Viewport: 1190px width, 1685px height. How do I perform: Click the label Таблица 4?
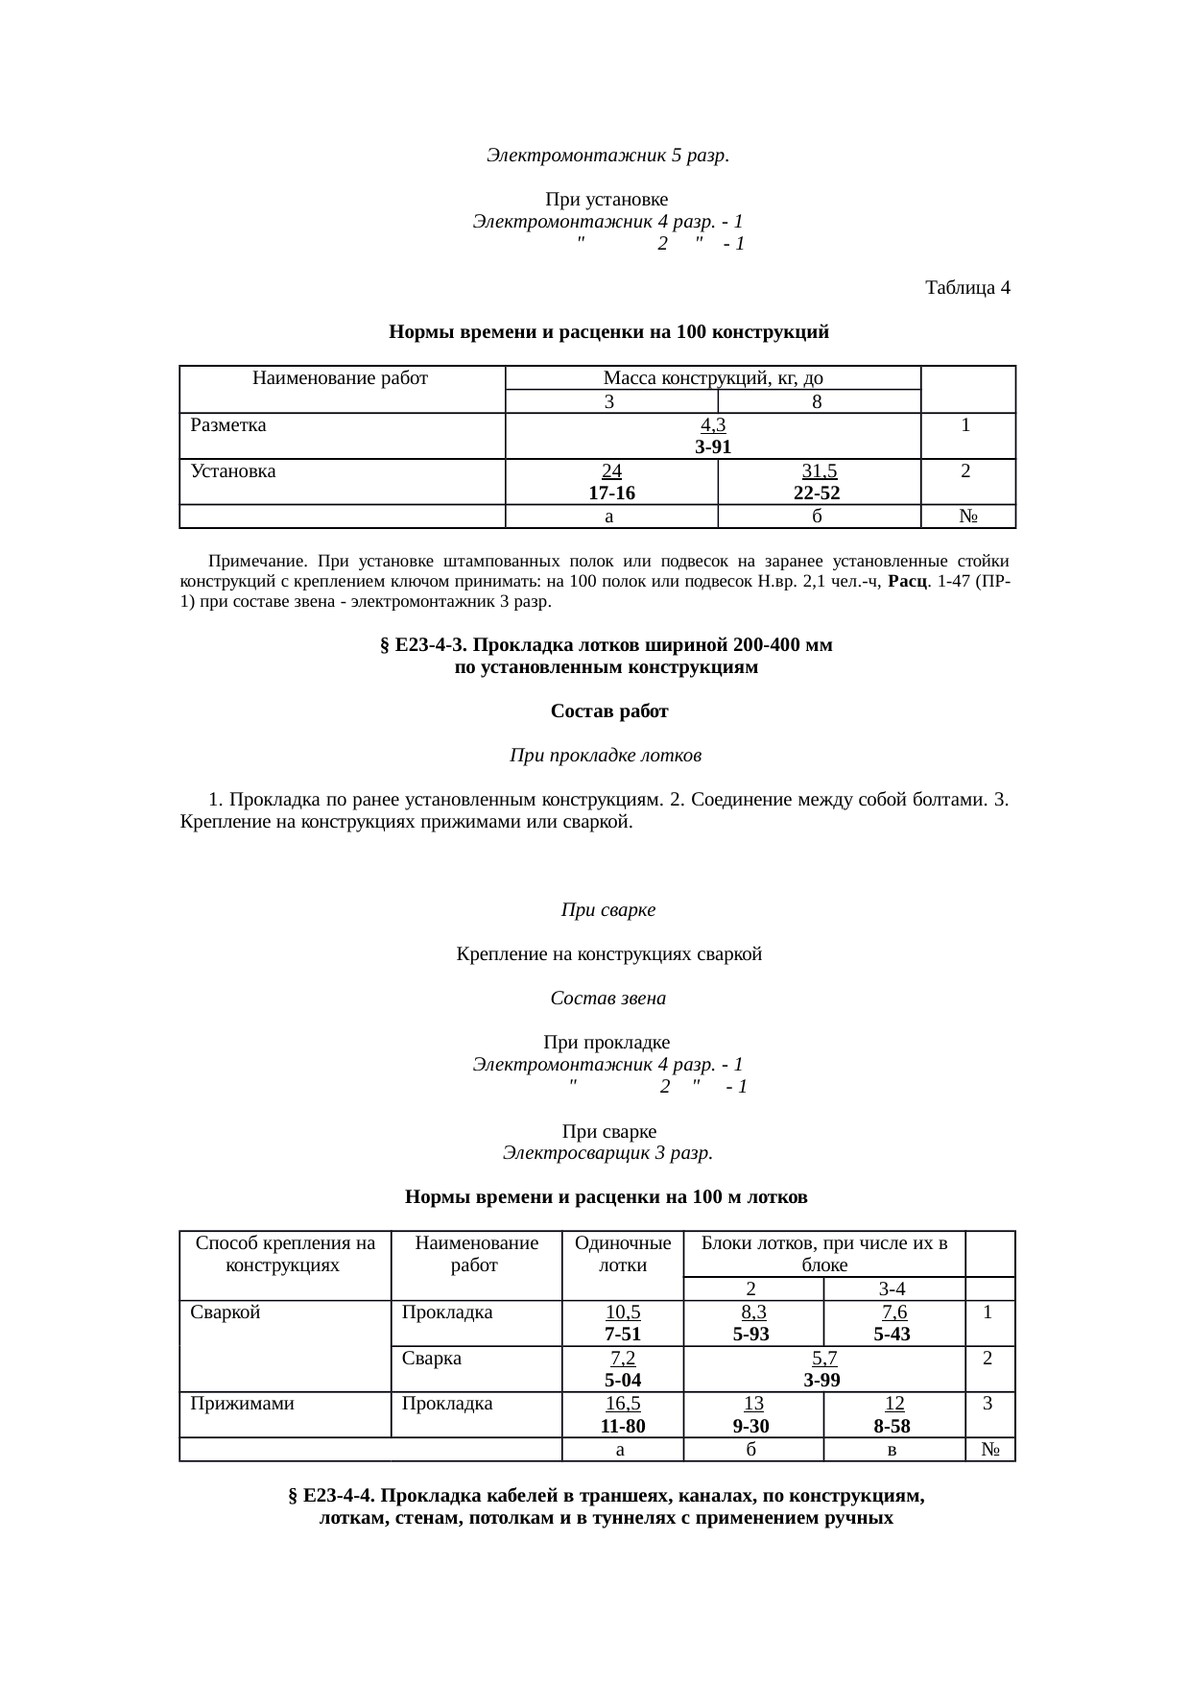(x=966, y=288)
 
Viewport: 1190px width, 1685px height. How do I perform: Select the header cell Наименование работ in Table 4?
(x=340, y=378)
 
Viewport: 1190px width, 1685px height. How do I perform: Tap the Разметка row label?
(x=228, y=424)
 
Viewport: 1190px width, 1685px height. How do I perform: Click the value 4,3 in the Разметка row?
(x=713, y=424)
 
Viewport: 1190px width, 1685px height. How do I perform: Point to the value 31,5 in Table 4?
(x=819, y=470)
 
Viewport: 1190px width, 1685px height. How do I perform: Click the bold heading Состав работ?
(x=608, y=711)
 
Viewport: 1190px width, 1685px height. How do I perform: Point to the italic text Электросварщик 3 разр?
(x=607, y=1153)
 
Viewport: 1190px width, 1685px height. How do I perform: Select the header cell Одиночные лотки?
(x=622, y=1254)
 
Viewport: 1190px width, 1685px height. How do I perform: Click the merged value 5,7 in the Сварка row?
(x=823, y=1358)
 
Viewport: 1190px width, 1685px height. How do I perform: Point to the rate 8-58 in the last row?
(x=892, y=1427)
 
